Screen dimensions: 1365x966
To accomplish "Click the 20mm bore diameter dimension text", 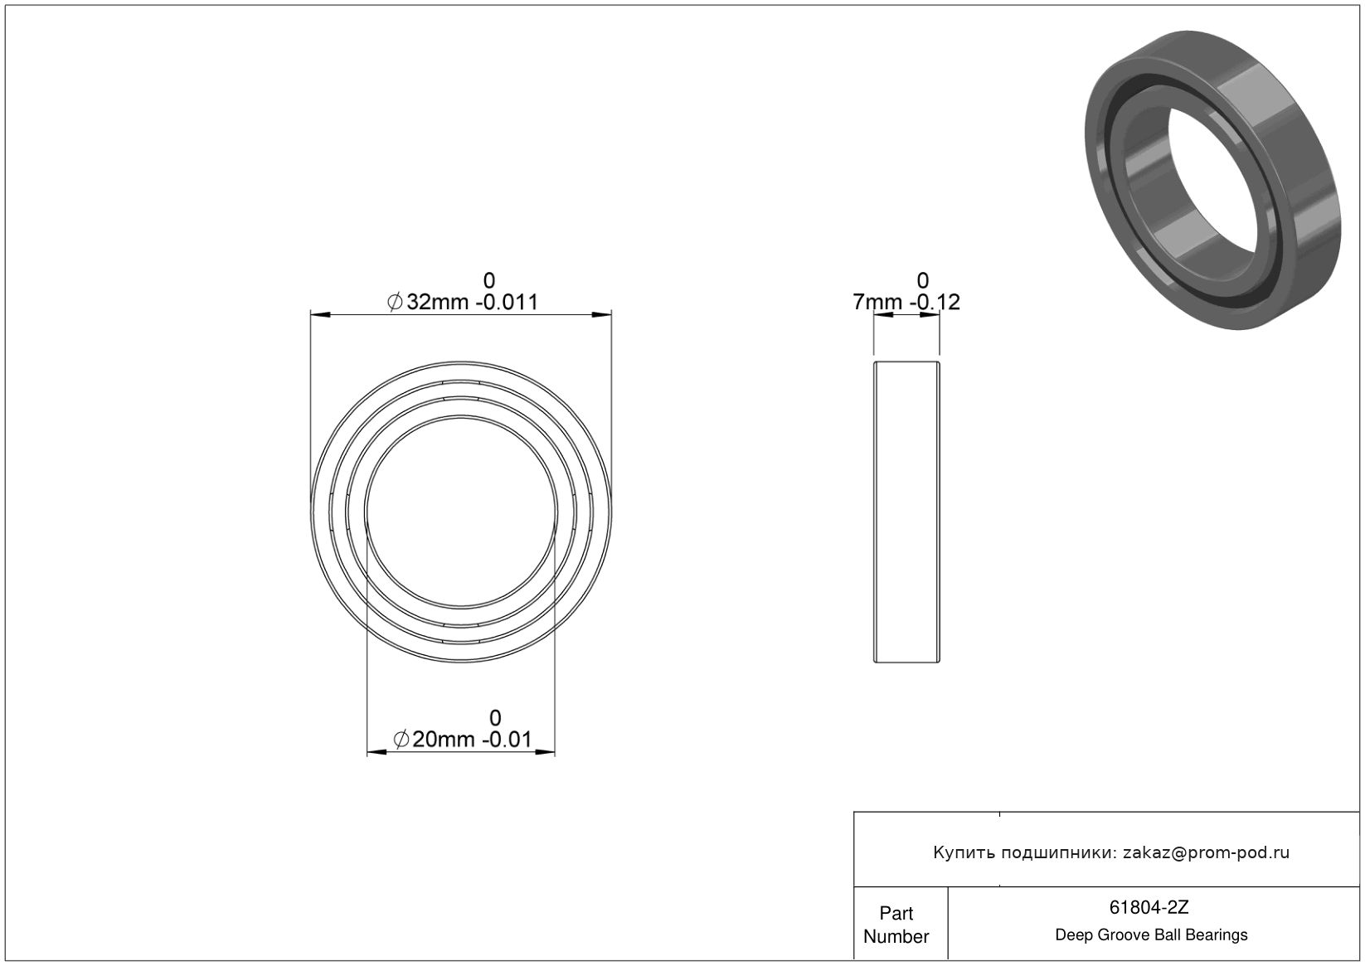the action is coord(443,740).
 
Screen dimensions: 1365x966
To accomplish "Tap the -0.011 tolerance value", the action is coord(510,302).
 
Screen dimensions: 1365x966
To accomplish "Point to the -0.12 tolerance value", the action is coord(935,302).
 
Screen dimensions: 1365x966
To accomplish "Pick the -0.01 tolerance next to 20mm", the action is coord(507,740).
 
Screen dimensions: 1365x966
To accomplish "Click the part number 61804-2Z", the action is coord(1149,907).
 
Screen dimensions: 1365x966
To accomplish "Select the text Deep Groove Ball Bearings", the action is coord(1151,935).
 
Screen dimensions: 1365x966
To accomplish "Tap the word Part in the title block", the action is coord(896,914).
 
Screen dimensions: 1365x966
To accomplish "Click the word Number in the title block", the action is coord(896,937).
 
